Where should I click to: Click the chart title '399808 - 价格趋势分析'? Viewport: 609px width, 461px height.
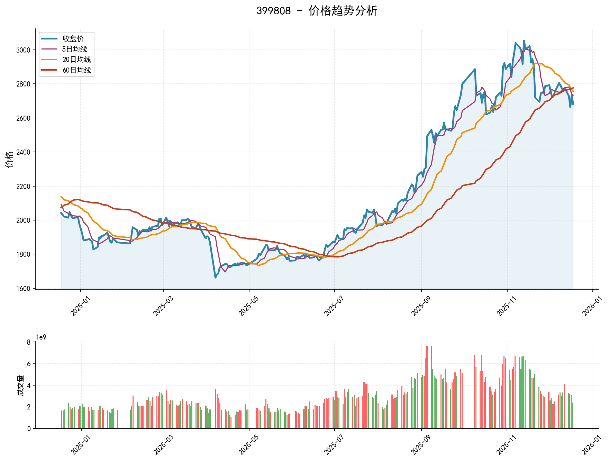click(317, 11)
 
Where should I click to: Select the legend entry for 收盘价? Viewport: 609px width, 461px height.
click(73, 39)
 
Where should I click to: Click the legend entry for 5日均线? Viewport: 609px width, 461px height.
click(74, 49)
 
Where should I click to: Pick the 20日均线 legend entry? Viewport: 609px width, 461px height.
click(76, 60)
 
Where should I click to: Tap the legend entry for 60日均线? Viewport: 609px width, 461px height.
click(76, 70)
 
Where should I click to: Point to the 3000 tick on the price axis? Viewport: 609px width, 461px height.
click(23, 50)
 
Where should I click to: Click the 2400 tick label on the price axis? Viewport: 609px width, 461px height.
click(23, 152)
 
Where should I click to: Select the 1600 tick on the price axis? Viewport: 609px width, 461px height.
click(23, 289)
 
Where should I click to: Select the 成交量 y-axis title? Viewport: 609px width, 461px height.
click(20, 386)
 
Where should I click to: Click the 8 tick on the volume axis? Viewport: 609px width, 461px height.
click(29, 342)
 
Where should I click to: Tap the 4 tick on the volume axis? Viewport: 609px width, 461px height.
click(29, 386)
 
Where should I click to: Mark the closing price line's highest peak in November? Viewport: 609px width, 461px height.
click(524, 40)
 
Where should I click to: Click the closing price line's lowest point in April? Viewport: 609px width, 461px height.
click(215, 278)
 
